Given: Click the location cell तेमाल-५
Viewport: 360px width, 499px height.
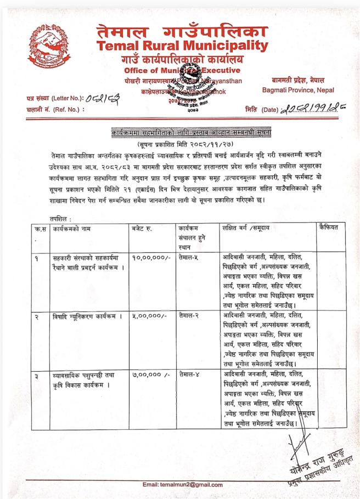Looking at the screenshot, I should click(x=189, y=256).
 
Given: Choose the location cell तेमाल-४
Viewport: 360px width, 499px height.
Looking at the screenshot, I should click(x=189, y=376).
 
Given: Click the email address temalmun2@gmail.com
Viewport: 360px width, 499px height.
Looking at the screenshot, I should click(x=182, y=485).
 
